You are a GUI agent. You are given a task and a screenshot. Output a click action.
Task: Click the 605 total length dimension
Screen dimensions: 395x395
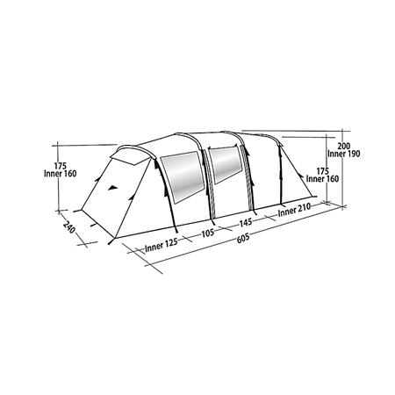click(x=243, y=238)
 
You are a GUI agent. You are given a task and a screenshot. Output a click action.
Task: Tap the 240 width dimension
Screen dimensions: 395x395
click(x=69, y=227)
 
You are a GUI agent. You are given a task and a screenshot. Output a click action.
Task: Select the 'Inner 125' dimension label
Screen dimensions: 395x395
click(x=162, y=245)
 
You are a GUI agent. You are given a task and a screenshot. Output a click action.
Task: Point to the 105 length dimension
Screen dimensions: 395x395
click(x=208, y=233)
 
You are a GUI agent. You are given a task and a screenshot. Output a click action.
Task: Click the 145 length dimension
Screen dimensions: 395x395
click(x=246, y=223)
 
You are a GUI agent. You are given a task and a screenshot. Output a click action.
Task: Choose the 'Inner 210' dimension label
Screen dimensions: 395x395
click(x=294, y=210)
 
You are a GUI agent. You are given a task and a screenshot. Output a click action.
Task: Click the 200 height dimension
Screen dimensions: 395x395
click(x=344, y=146)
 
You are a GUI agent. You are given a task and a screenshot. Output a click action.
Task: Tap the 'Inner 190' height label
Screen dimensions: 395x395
click(x=344, y=154)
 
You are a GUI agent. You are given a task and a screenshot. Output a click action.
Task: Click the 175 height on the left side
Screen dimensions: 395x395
click(x=61, y=166)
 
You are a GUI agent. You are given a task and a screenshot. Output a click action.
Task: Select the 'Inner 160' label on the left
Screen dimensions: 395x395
click(x=61, y=174)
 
